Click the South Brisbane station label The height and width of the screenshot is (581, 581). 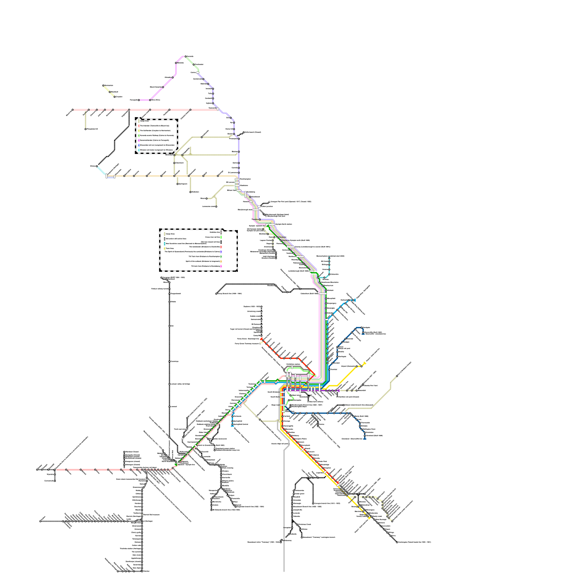point(273,392)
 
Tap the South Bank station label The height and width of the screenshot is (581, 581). point(275,397)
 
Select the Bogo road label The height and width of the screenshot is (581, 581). point(275,405)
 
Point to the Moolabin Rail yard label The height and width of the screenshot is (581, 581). point(262,411)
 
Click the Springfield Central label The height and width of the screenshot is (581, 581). point(240,424)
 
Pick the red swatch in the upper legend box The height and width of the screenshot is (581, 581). point(138,126)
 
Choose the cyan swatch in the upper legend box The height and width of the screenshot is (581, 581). point(138,150)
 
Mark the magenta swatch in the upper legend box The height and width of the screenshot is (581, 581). point(138,140)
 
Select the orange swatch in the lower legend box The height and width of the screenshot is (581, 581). point(221,261)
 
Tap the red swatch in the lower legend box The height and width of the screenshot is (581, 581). point(221,247)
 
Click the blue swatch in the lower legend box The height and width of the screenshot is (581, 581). point(221,251)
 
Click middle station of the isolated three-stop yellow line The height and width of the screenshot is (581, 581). point(110,92)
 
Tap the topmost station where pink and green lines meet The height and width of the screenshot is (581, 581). point(185,56)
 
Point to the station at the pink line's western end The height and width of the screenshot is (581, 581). point(139,100)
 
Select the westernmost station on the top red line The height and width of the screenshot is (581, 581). point(73,109)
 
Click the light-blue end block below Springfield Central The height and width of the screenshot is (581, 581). point(232,426)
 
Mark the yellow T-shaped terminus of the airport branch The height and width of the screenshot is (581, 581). point(365,363)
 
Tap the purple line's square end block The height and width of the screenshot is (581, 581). point(338,390)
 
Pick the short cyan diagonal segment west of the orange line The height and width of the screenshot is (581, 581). point(101,171)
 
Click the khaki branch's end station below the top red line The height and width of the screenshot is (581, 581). point(86,129)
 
